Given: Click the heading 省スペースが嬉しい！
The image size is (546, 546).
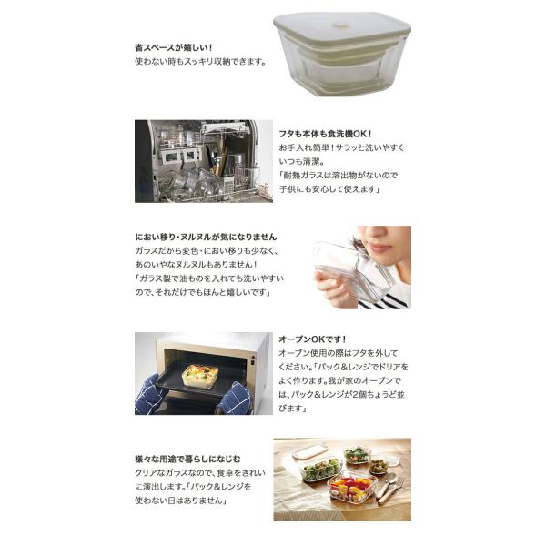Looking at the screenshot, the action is (174, 47).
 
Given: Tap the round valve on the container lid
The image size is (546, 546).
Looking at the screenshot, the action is (339, 25).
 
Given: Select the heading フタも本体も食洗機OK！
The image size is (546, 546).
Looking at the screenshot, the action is (326, 134).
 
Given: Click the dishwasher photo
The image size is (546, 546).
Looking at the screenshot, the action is (204, 161).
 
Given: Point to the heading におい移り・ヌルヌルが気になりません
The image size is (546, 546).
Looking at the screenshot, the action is (207, 238).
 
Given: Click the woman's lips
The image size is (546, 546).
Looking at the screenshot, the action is (379, 248).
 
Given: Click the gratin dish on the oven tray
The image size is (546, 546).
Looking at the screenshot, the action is (200, 376).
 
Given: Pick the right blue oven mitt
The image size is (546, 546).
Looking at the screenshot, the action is (234, 398).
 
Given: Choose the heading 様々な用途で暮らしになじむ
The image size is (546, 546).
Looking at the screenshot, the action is (187, 460).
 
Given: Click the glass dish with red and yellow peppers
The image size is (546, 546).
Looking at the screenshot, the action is (352, 487).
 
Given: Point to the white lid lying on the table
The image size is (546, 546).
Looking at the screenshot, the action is (310, 451).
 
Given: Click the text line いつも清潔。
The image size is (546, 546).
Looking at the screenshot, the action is (301, 162).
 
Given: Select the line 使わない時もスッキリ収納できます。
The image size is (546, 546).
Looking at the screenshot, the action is (201, 62).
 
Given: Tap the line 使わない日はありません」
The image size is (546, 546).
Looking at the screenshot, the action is (181, 500).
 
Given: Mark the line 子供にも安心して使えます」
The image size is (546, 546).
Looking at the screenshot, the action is (329, 189).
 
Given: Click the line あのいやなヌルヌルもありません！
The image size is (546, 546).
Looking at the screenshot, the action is (197, 265).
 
